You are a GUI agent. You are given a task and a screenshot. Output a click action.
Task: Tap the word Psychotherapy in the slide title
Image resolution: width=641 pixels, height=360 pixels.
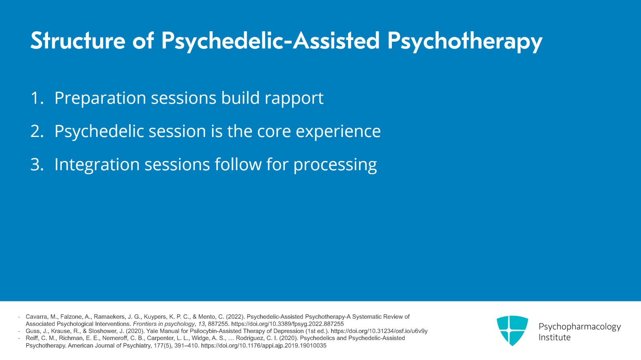pos(464,41)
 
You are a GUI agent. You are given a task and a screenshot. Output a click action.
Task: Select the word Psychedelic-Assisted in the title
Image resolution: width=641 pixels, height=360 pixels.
pos(270,40)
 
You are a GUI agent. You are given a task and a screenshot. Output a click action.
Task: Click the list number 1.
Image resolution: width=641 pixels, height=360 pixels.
pos(36,98)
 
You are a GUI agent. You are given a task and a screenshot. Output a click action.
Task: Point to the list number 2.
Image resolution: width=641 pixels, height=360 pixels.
pos(36,131)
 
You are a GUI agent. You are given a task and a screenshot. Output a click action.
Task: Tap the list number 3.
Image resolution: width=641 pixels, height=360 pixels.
pos(36,165)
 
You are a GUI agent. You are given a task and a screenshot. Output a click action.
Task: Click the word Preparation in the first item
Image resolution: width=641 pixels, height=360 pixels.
pos(100,99)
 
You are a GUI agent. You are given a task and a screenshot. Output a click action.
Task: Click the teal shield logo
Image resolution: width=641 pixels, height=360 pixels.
pos(512,330)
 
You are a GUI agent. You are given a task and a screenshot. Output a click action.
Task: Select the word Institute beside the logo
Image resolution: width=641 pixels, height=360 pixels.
pos(554,338)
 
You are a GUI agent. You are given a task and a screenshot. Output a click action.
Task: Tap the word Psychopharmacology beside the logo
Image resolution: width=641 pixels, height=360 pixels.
pos(579,327)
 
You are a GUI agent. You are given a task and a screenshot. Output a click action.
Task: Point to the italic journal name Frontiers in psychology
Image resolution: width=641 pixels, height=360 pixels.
pos(163,324)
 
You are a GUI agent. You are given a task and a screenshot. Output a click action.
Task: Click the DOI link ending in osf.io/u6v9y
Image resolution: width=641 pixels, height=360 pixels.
pos(379,331)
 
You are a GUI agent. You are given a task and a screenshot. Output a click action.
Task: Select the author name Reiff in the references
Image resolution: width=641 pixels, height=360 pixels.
pos(32,338)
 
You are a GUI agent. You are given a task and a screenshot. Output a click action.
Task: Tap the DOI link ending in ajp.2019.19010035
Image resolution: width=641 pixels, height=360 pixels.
pos(263,346)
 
